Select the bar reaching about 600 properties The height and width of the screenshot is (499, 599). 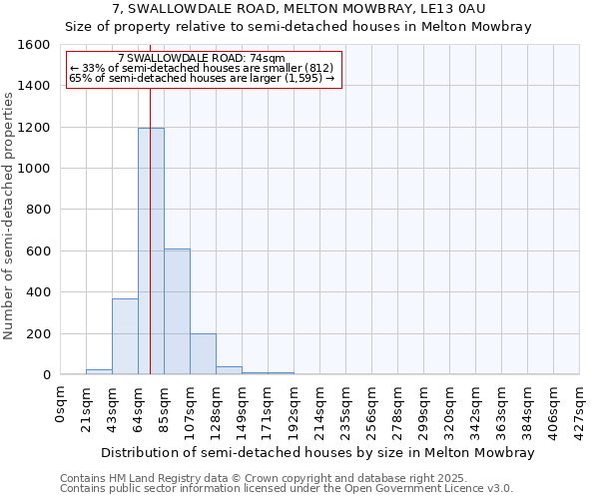coord(177,311)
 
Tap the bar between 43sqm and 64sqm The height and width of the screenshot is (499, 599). coord(125,336)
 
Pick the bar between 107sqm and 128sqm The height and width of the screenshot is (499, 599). coord(203,354)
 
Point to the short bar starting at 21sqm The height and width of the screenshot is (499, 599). coord(99,371)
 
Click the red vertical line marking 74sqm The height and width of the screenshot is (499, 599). coord(150,200)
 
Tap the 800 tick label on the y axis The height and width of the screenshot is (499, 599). coord(38,210)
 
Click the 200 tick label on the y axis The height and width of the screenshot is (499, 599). coord(38,333)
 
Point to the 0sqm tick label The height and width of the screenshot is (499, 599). coord(61,406)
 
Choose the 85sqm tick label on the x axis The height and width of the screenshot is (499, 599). coord(165,409)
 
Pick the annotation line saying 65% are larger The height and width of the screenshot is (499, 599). coord(202,78)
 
